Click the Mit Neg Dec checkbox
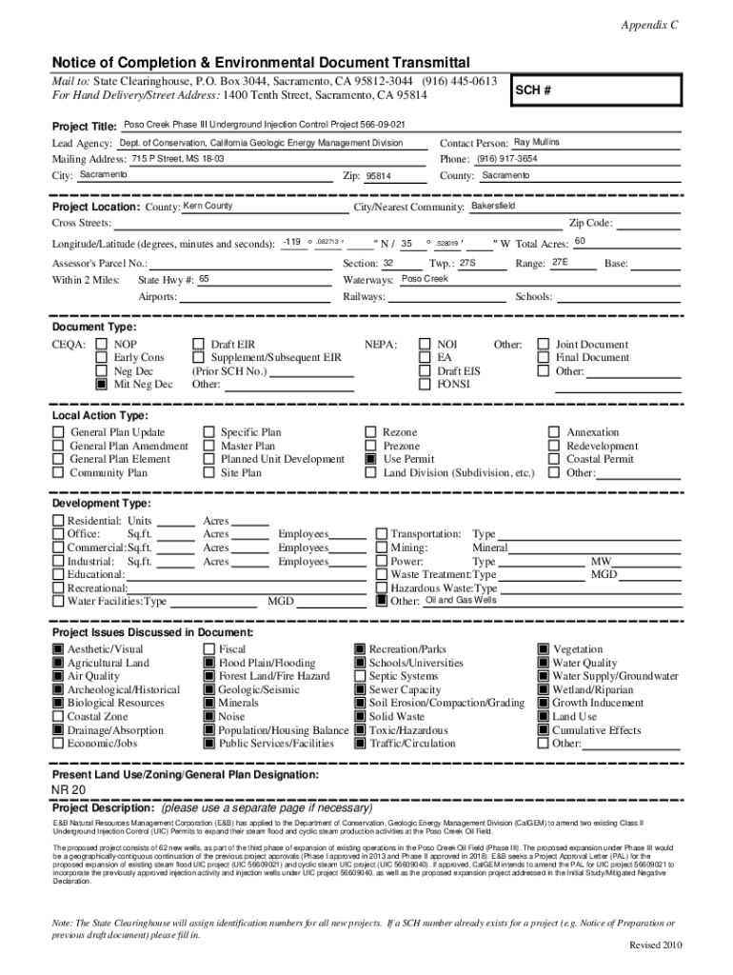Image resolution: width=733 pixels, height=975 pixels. pos(100,385)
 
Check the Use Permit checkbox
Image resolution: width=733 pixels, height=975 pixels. pos(371,459)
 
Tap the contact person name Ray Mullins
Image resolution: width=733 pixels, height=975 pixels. pos(537,142)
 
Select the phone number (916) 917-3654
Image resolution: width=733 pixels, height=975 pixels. pos(507,158)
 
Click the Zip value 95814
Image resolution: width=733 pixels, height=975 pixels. pos(379,176)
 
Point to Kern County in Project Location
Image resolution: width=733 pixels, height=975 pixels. pos(208,206)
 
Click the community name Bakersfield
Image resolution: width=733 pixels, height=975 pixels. pos(493,206)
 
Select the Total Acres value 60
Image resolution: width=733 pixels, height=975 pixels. pos(580,242)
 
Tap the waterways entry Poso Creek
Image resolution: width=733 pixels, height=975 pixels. pos(425,279)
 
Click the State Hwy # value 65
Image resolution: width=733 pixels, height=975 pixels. pos(204,279)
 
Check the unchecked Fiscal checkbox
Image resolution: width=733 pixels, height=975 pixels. pos(209,649)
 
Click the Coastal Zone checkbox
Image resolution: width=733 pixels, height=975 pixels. pos(58,717)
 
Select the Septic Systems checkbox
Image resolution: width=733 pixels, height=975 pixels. pos(360,676)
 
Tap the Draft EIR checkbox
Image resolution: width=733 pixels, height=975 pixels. pos(198,345)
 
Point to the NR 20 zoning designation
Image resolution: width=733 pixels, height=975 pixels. pos(69,790)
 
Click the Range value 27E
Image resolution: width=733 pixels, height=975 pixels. pos(560,261)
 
